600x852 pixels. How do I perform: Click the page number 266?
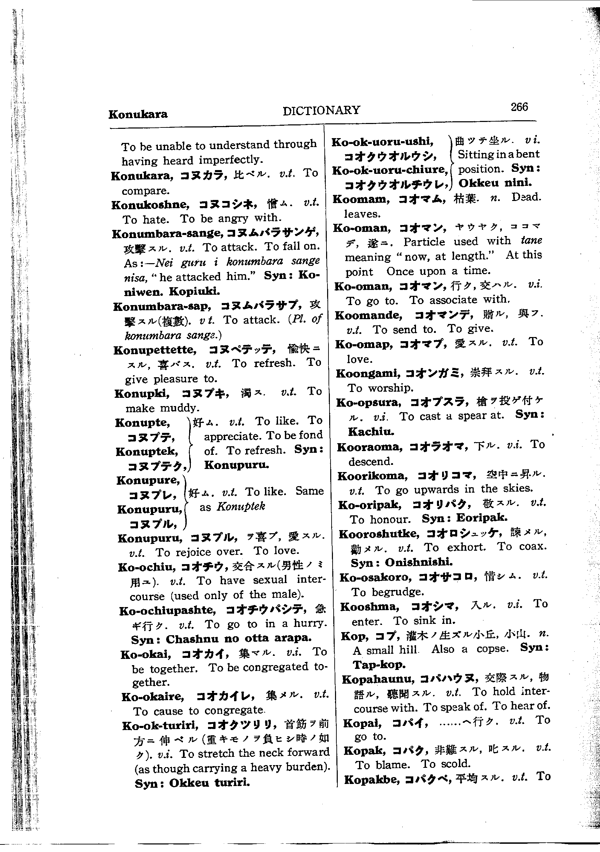pos(519,107)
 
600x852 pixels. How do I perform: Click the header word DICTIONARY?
pos(321,110)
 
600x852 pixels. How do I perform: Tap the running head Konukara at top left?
pos(138,114)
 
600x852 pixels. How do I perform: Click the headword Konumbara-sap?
pos(162,306)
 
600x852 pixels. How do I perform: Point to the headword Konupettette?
pos(155,350)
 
